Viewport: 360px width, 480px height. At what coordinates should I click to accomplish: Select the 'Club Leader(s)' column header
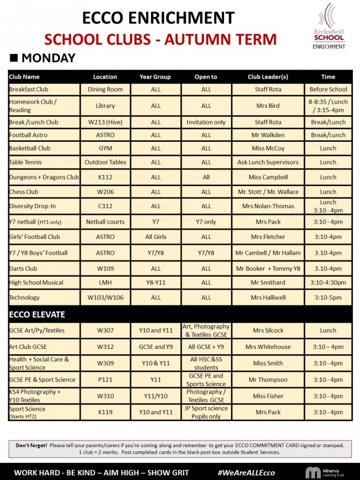pos(268,77)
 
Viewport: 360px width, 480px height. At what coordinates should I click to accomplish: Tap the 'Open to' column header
pos(206,77)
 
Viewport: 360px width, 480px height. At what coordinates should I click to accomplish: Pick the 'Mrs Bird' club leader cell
pos(268,106)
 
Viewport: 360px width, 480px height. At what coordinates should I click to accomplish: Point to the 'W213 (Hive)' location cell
pos(105,122)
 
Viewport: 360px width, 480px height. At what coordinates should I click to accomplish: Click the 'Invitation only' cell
pos(206,122)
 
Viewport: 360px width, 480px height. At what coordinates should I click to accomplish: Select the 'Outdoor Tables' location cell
pos(105,162)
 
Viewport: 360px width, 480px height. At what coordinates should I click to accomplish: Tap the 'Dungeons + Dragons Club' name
pos(44,177)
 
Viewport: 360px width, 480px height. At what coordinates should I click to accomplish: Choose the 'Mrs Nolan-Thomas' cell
pos(268,206)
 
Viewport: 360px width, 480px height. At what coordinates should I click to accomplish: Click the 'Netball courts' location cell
pos(105,222)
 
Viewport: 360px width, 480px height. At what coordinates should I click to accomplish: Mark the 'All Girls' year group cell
pos(156,237)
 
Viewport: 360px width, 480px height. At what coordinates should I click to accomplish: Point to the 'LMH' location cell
pos(105,283)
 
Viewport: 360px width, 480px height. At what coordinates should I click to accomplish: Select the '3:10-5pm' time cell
pos(328,298)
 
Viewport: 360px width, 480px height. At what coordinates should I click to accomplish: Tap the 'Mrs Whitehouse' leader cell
pos(268,347)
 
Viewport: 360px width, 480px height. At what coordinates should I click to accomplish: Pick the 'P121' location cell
pos(105,380)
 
